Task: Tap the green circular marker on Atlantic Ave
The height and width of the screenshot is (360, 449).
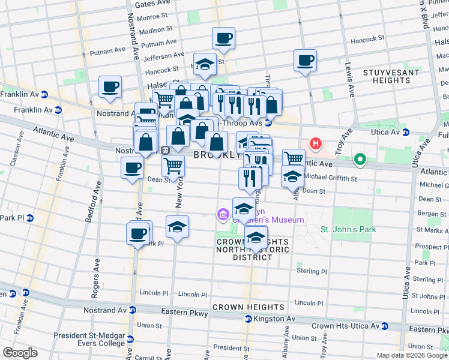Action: [x=360, y=160]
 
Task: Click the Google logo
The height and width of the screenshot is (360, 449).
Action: [x=19, y=353]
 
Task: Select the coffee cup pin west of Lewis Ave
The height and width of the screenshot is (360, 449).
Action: [x=305, y=61]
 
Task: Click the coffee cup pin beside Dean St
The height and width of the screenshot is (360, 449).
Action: [x=132, y=168]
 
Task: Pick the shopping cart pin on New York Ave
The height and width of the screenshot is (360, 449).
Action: [x=173, y=166]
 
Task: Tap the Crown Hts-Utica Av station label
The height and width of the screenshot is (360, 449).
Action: [x=349, y=326]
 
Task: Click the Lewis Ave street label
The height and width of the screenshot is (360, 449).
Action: [x=349, y=81]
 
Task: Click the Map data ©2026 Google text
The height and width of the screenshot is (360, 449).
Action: [x=411, y=355]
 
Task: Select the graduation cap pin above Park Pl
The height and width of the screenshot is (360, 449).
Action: [x=177, y=227]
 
